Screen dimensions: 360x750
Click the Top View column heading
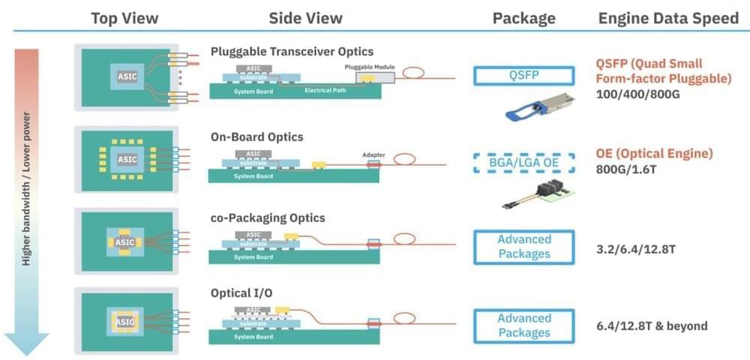(124, 18)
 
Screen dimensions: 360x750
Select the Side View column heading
(305, 18)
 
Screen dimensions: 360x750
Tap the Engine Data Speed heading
(668, 18)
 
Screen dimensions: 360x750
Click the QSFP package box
(523, 75)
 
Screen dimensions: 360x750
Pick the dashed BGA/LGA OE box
(523, 163)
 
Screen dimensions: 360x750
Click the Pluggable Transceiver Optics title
(292, 52)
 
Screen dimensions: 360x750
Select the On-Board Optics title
(257, 137)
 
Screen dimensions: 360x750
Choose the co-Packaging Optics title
(268, 218)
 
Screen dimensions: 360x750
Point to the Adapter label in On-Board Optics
(373, 155)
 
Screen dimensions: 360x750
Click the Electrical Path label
(325, 91)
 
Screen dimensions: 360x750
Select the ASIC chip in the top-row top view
(127, 76)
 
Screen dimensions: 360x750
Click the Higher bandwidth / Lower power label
(26, 188)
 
